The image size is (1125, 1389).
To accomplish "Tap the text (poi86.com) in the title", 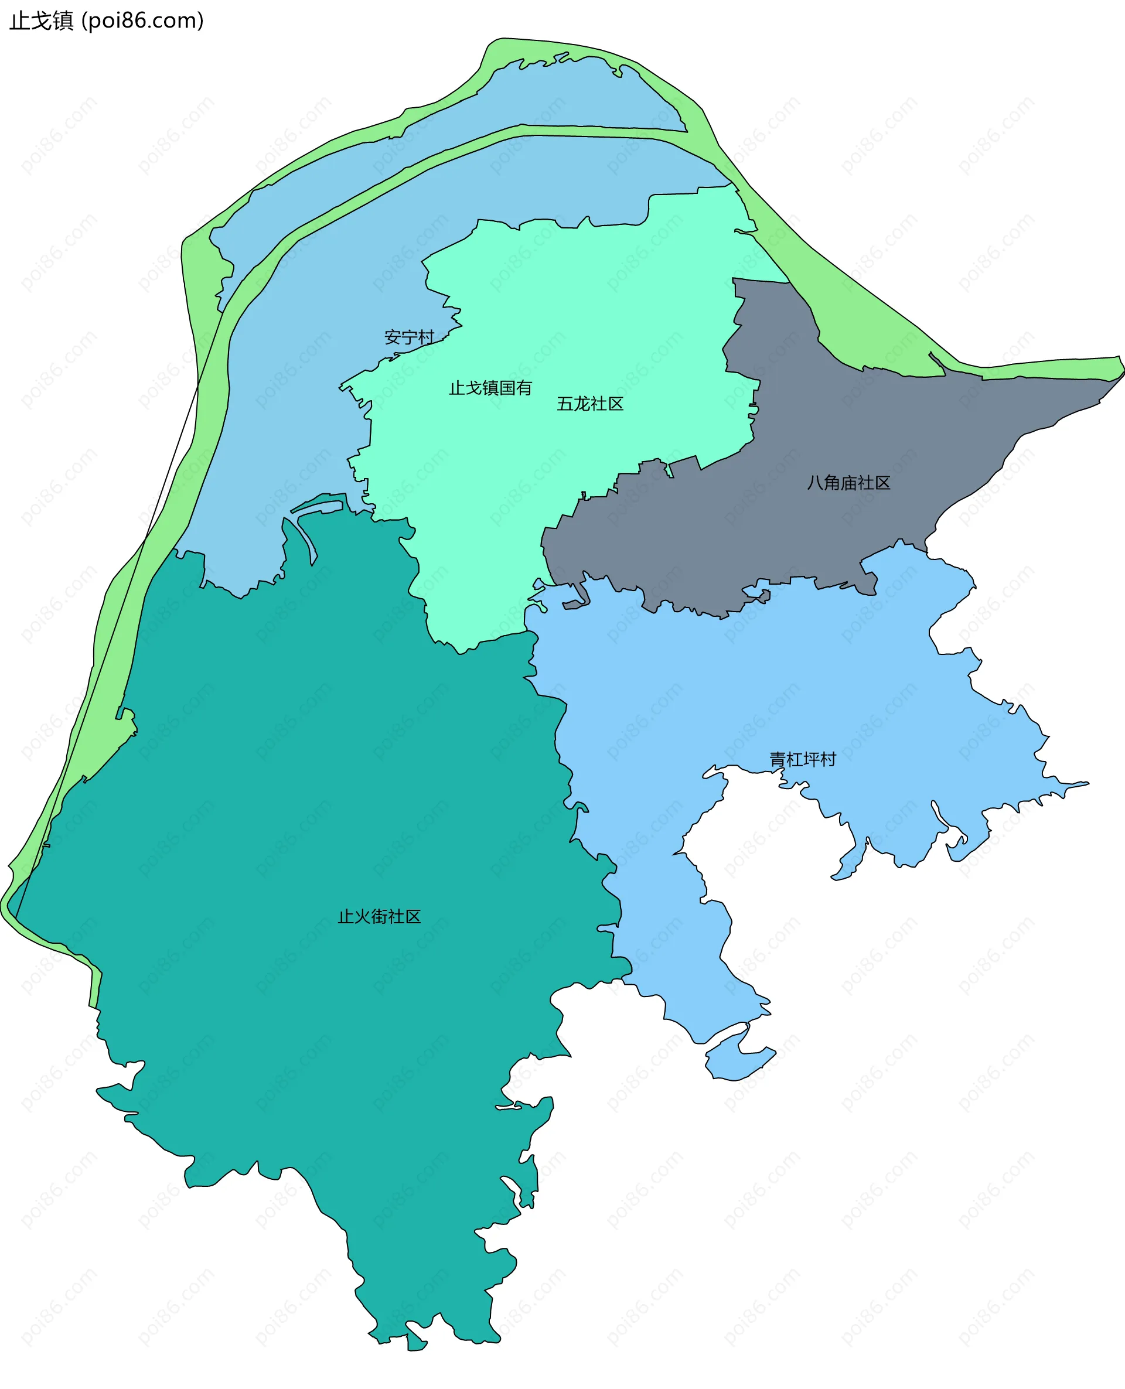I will (x=142, y=21).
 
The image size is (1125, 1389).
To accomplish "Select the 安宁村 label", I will (x=409, y=337).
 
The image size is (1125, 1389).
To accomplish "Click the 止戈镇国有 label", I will (x=490, y=387).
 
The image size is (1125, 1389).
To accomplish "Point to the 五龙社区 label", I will (x=589, y=404).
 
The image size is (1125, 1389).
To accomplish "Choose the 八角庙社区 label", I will (x=848, y=483).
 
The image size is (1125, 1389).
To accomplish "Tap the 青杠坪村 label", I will (x=802, y=759).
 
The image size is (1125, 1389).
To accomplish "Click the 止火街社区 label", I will (x=379, y=916).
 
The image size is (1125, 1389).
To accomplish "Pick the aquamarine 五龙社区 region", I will (x=583, y=311).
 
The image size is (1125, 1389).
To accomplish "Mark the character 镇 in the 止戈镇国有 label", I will (x=490, y=387).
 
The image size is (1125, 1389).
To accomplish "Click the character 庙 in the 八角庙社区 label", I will (x=848, y=483).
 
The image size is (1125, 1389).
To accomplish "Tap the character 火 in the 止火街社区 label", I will (x=362, y=916).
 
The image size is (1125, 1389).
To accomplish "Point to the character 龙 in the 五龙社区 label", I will (x=581, y=404).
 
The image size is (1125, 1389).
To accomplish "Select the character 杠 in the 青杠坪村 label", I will (x=794, y=759).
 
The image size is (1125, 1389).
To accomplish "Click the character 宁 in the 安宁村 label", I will (x=409, y=337).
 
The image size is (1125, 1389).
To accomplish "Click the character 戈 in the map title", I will (x=42, y=21).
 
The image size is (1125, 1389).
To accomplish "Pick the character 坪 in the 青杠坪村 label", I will (x=811, y=759).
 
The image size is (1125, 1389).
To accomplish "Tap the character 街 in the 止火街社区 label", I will (x=379, y=916).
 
